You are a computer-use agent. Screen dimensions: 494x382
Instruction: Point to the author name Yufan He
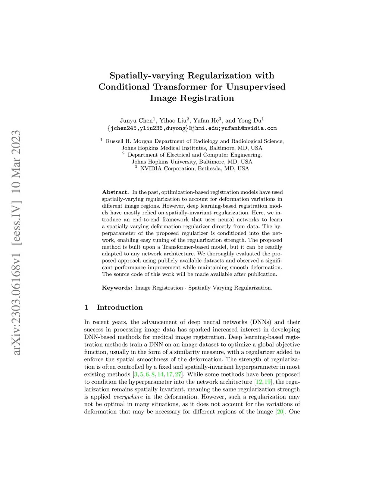[x=206, y=120]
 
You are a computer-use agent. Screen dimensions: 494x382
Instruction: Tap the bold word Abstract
[x=115, y=192]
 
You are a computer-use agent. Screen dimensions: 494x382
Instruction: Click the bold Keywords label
[x=117, y=288]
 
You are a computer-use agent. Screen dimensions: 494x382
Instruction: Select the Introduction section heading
[x=120, y=307]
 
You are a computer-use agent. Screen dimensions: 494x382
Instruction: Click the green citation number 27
[x=178, y=374]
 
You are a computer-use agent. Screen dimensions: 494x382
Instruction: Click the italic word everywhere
[x=128, y=397]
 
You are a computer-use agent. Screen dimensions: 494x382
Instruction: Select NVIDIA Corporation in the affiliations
[x=167, y=169]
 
